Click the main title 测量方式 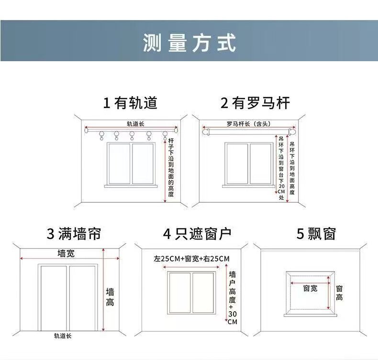click(x=189, y=43)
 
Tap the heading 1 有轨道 click(x=130, y=103)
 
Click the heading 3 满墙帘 click(x=74, y=234)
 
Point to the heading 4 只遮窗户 click(x=197, y=234)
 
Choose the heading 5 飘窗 click(x=316, y=234)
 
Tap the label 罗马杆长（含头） click(x=249, y=124)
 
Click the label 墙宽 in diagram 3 click(x=66, y=253)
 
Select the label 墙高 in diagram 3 click(x=110, y=296)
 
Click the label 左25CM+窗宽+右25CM click(x=191, y=259)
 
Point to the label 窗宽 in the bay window click(x=310, y=288)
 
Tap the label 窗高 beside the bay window click(x=339, y=293)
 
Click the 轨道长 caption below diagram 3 click(x=63, y=336)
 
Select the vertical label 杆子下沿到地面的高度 click(x=171, y=167)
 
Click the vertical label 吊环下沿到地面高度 click(x=292, y=164)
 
